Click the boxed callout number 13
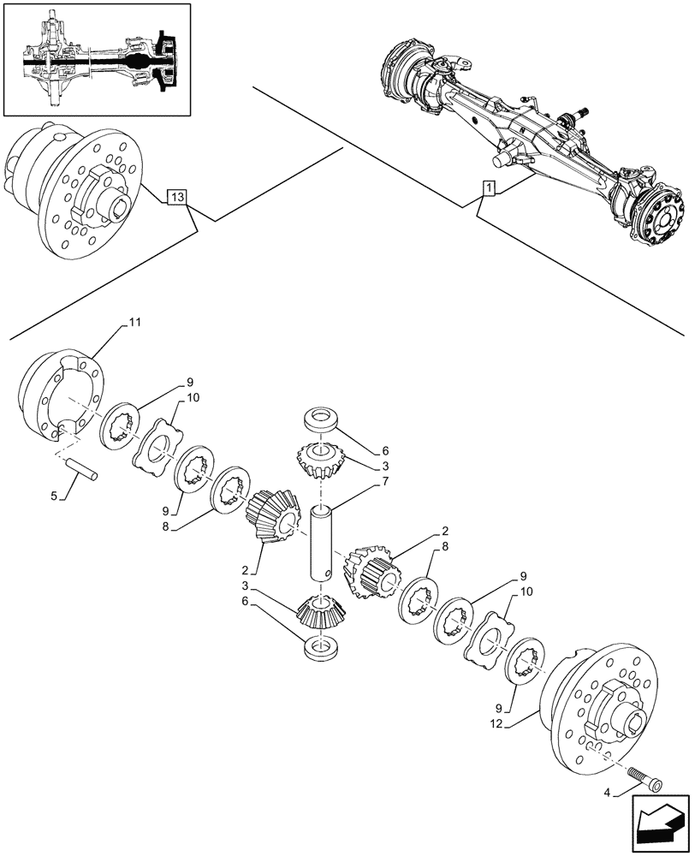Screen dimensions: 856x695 click(176, 199)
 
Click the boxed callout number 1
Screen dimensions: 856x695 click(486, 187)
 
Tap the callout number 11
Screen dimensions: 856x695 click(135, 321)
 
